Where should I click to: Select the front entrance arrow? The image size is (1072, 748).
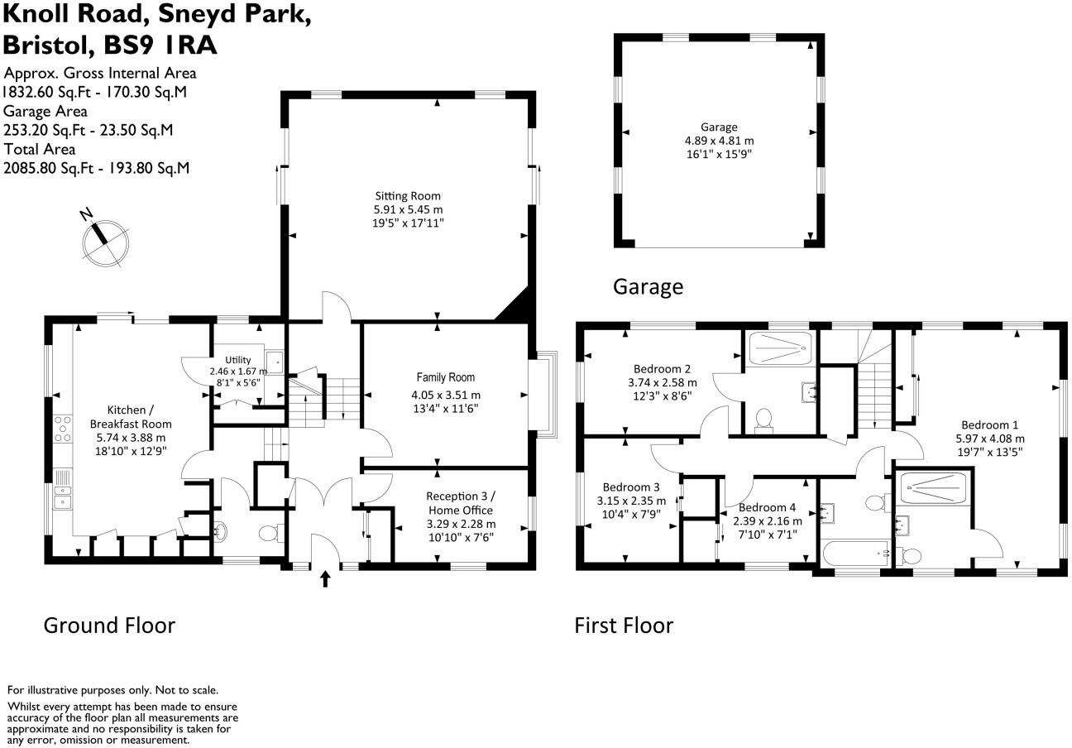(x=324, y=578)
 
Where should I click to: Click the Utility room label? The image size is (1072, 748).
(x=238, y=360)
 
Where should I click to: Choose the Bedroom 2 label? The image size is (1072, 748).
(x=662, y=369)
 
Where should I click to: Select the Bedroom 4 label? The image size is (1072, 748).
(x=767, y=508)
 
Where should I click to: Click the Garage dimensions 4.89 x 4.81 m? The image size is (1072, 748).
(x=718, y=141)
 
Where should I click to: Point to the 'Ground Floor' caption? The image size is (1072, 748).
(x=109, y=626)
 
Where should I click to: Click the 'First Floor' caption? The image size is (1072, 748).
(x=624, y=626)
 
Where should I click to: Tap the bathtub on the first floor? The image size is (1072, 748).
(x=855, y=551)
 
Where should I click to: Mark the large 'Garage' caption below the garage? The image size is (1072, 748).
(x=648, y=287)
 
